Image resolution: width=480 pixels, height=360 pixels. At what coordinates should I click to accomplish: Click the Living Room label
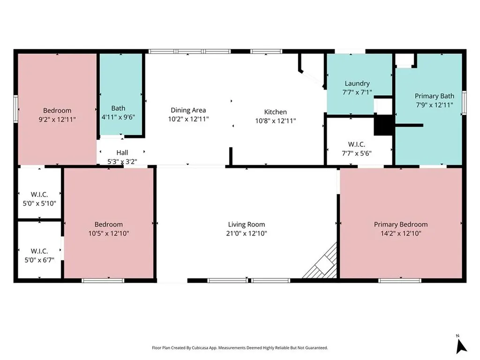[x=247, y=225]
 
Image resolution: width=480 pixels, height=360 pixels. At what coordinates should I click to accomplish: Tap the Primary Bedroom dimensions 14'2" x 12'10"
[x=401, y=233]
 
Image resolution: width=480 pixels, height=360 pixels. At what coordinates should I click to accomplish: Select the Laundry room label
[x=357, y=83]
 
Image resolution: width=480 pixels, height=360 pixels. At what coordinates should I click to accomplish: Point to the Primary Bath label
[x=435, y=96]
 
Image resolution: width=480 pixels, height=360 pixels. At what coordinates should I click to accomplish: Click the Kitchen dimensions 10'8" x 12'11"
[x=276, y=120]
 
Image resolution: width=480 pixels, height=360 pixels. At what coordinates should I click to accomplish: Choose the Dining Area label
[x=188, y=110]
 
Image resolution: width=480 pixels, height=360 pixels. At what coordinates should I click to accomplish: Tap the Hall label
[x=122, y=152]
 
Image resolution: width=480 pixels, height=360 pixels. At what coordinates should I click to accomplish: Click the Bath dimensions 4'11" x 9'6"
[x=118, y=117]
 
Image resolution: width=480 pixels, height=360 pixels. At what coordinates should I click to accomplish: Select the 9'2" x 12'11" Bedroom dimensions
[x=57, y=120]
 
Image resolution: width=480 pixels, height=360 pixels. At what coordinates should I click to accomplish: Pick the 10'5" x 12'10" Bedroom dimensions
[x=109, y=233]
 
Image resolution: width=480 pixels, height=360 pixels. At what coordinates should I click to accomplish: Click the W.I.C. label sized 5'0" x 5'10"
[x=39, y=195]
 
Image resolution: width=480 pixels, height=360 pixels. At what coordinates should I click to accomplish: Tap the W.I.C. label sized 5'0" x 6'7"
[x=39, y=251]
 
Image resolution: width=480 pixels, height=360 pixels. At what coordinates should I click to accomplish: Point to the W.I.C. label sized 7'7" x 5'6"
[x=357, y=144]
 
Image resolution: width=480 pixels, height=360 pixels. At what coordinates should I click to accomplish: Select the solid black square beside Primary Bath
[x=383, y=125]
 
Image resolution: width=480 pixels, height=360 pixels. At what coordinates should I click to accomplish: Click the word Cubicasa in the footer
[x=200, y=348]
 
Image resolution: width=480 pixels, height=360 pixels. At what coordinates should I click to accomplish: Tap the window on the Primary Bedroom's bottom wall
[x=400, y=280]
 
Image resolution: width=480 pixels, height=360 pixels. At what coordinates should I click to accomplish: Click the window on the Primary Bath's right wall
[x=464, y=103]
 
